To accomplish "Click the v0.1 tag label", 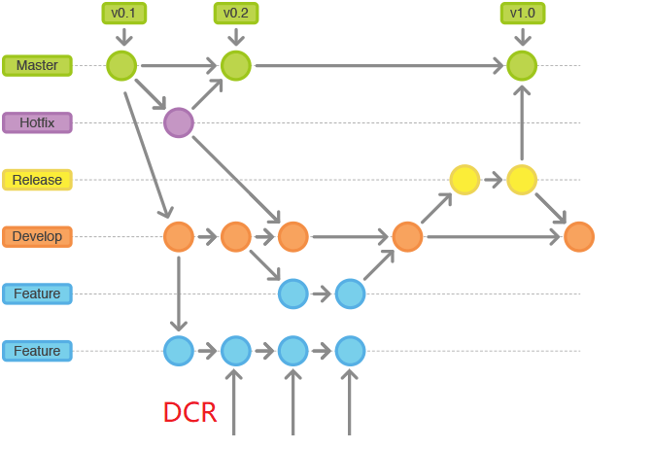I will [121, 13].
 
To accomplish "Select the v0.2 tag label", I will [235, 13].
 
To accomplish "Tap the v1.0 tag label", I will [523, 13].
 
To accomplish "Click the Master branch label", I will [37, 65].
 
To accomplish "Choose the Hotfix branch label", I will [37, 122].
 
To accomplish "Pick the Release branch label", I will [37, 180].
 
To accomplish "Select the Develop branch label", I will [37, 236].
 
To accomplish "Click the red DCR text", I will [189, 412].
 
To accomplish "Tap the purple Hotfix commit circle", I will [179, 122].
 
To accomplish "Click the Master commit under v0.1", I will [121, 65].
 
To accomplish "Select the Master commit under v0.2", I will [236, 65].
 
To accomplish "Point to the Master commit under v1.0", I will [522, 65].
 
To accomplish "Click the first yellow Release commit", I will [464, 179].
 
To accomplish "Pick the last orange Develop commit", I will [579, 236].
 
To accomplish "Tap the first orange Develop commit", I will [179, 236].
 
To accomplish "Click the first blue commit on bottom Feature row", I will [179, 350].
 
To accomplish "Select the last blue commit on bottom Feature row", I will [350, 350].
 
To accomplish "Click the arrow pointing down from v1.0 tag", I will [523, 36].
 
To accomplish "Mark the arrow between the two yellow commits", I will [494, 179].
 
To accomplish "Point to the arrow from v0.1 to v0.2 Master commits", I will [179, 66].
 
